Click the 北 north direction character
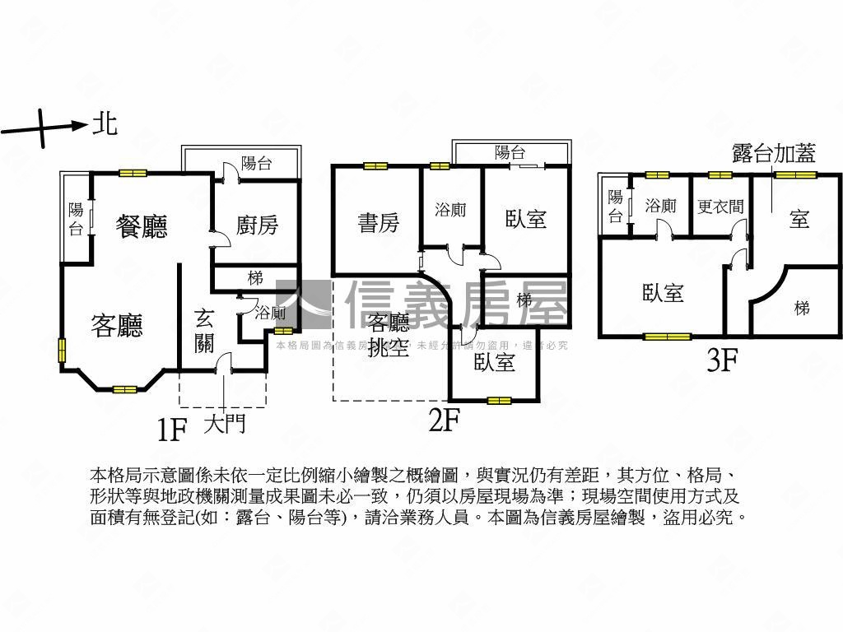(x=105, y=124)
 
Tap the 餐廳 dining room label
(x=142, y=226)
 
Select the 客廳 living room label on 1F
(x=116, y=326)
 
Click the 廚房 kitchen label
(x=257, y=224)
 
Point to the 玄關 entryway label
(x=205, y=330)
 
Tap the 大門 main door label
(x=224, y=425)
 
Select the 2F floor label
(x=443, y=421)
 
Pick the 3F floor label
(x=721, y=360)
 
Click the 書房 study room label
(x=379, y=222)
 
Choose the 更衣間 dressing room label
(x=720, y=206)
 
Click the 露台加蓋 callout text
(x=774, y=153)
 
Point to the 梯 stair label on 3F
(x=802, y=308)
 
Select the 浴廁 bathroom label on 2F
(x=450, y=210)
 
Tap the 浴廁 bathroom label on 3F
(x=660, y=206)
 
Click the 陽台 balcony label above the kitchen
(x=257, y=163)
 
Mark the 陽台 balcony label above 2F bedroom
(x=510, y=152)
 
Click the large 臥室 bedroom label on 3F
(x=663, y=292)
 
